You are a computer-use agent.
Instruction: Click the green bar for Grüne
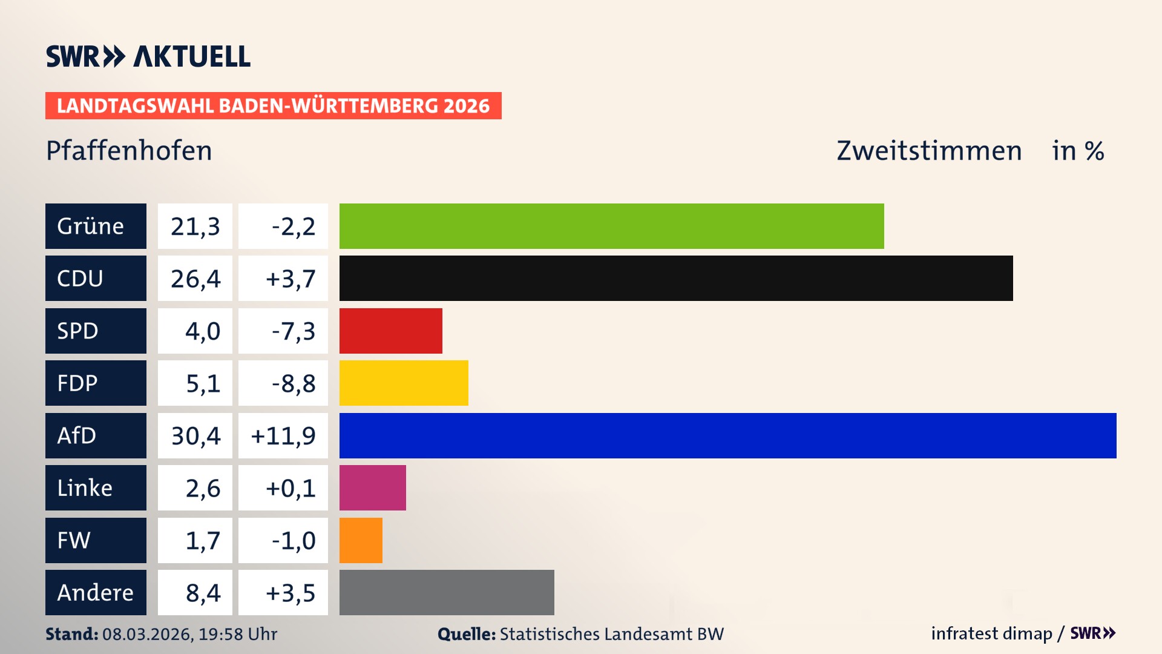(611, 226)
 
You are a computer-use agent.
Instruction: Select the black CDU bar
(676, 278)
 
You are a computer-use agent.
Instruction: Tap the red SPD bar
(390, 331)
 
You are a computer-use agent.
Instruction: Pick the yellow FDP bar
(404, 383)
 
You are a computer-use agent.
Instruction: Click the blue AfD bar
(727, 435)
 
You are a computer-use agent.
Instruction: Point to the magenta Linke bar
(372, 487)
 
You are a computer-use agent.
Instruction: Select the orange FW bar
(361, 540)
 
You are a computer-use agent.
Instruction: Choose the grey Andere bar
(447, 592)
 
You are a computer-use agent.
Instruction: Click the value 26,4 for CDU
(195, 279)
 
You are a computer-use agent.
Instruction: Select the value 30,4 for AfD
(195, 435)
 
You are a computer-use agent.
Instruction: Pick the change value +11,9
(283, 435)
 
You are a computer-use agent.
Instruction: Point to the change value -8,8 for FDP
(293, 383)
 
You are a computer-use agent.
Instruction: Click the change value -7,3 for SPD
(293, 331)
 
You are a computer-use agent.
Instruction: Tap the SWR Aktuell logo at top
(148, 56)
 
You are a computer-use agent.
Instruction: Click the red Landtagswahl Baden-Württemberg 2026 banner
(273, 105)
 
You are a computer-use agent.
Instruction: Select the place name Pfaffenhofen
(129, 151)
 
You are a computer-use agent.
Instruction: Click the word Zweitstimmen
(929, 151)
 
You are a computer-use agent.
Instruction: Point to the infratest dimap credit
(991, 633)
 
